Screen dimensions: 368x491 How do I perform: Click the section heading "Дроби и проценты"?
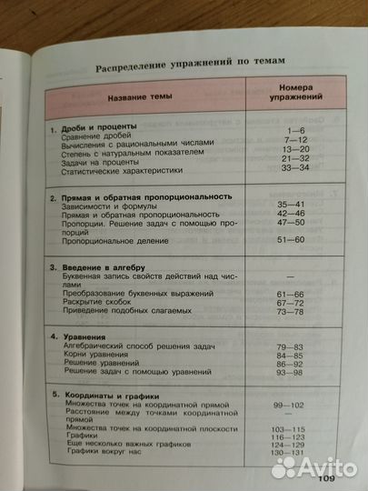[x=98, y=126]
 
